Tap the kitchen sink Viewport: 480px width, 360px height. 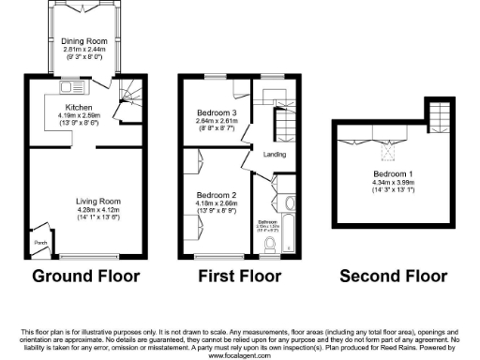[x=71, y=88]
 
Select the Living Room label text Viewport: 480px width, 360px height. [x=98, y=201]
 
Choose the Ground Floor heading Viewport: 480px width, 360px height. [x=85, y=276]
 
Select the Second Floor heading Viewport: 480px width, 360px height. [x=392, y=276]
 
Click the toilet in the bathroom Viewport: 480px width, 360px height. [x=272, y=245]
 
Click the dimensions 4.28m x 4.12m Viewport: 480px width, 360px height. [x=98, y=210]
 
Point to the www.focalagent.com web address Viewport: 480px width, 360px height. [x=239, y=355]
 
